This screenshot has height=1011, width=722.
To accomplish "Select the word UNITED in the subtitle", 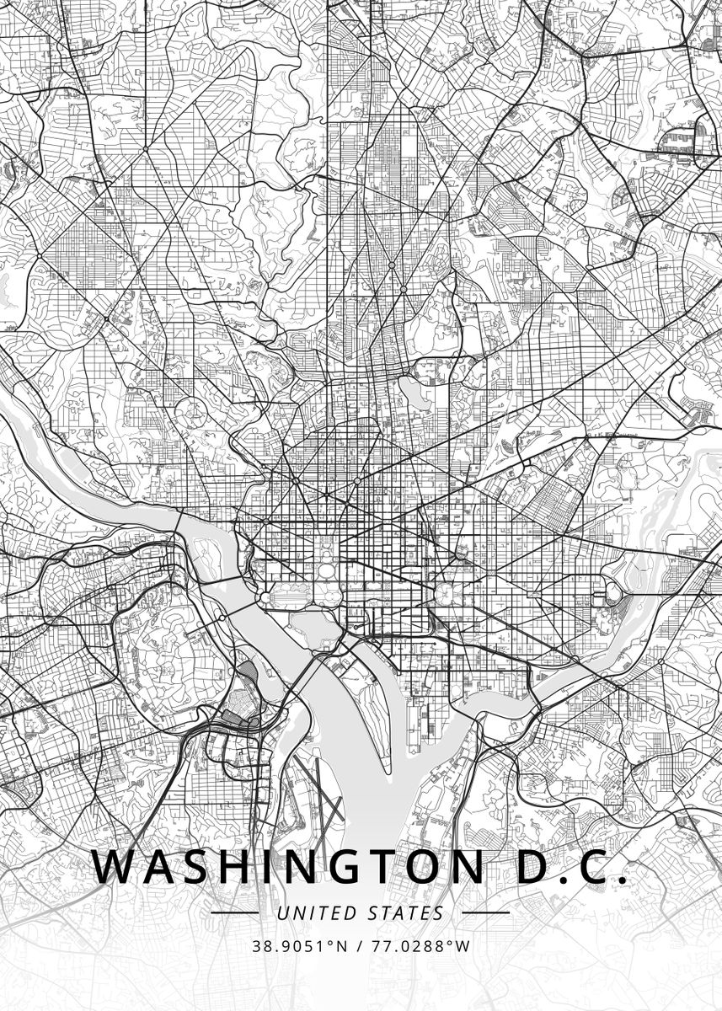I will pos(317,912).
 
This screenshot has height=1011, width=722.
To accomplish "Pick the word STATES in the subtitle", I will pos(406,912).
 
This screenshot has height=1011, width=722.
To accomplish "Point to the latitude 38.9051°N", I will pos(298,946).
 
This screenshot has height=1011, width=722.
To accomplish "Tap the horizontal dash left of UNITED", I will pos(234,912).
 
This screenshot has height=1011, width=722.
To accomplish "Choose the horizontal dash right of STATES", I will pos(486,912).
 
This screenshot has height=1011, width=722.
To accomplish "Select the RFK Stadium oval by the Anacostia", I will pos(612,593).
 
